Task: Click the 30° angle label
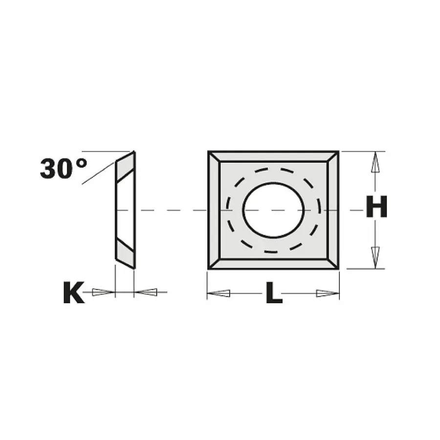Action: (63, 169)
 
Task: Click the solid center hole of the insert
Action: (273, 210)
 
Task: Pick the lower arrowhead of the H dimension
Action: (375, 257)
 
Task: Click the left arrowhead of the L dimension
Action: (219, 293)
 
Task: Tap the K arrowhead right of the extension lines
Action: (146, 292)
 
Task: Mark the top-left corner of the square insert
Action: (209, 152)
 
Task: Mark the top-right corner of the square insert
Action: (338, 152)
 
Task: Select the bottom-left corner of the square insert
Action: (209, 268)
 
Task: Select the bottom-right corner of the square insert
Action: (338, 268)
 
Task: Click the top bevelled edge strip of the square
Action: (273, 156)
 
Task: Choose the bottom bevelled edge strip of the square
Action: (273, 264)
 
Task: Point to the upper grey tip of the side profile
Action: (126, 164)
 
